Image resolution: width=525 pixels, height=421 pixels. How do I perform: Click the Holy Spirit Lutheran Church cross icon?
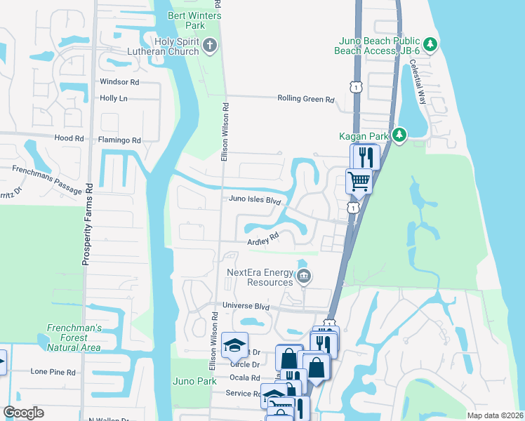208,46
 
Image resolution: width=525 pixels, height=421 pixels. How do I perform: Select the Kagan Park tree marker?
399,133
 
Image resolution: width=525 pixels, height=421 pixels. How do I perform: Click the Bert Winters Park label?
195,20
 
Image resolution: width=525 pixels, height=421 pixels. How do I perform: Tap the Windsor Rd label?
120,82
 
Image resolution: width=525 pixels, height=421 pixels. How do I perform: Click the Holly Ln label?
114,98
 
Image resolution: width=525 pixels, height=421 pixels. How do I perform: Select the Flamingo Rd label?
119,140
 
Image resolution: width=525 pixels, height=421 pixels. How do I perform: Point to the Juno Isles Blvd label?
255,200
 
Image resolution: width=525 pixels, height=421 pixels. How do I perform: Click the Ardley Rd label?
263,240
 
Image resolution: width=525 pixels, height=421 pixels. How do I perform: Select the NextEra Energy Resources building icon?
303,276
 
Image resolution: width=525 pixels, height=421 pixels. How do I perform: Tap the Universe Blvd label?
246,306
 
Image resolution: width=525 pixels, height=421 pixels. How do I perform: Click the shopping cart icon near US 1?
359,181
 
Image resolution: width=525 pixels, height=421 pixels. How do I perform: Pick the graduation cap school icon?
234,345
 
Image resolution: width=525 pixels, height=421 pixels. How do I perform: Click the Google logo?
23,413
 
